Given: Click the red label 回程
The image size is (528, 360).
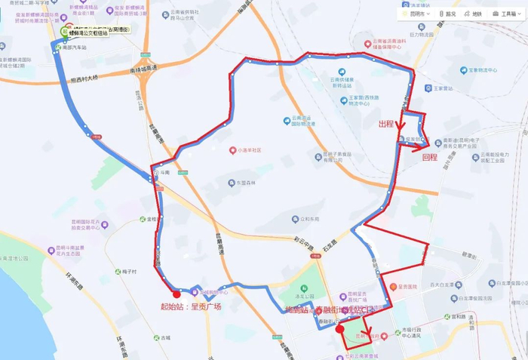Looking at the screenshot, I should click(x=430, y=158).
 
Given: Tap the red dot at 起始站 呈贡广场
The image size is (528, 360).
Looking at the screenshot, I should click(x=177, y=294).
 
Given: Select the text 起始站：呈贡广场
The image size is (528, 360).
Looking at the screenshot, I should click(x=191, y=307).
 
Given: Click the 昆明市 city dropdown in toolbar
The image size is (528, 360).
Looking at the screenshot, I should click(x=416, y=14).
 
